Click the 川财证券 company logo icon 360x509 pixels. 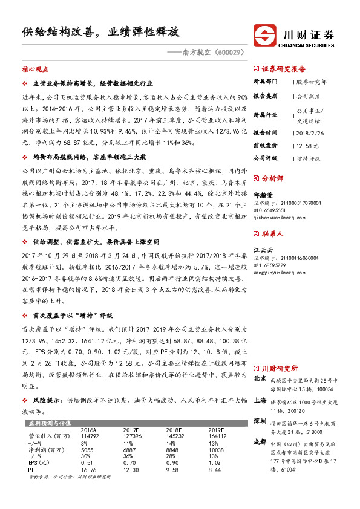click(x=264, y=33)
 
